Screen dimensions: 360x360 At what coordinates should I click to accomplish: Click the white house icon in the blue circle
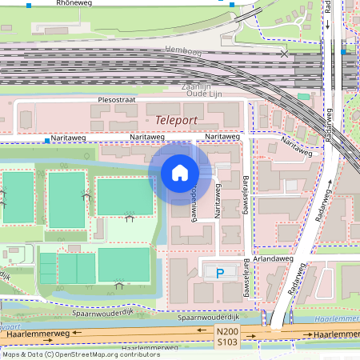click(x=179, y=173)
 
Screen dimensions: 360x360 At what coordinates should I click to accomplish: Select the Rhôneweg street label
click(x=74, y=4)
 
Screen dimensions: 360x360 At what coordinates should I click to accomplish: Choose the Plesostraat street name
click(x=118, y=101)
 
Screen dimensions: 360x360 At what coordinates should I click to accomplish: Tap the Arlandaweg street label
click(x=264, y=258)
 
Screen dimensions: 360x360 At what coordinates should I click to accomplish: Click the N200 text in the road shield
click(x=227, y=331)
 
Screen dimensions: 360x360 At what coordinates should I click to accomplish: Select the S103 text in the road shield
click(x=227, y=342)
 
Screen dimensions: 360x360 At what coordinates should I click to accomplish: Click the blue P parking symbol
click(x=220, y=273)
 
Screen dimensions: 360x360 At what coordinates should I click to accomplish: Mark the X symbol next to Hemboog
click(x=285, y=54)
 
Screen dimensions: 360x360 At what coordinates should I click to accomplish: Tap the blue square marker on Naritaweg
click(x=47, y=141)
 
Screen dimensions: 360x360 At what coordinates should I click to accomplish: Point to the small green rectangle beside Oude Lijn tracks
click(x=303, y=96)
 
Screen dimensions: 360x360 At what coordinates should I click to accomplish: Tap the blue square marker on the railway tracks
click(x=343, y=52)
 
